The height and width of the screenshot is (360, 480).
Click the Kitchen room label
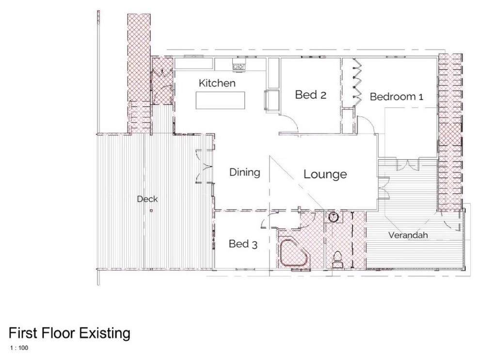click(x=217, y=83)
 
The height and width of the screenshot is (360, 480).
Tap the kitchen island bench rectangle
click(x=221, y=100)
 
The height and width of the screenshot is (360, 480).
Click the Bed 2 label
click(x=310, y=95)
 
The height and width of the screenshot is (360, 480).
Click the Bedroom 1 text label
click(x=396, y=97)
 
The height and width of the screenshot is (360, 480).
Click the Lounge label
click(x=325, y=174)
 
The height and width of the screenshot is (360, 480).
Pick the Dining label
click(x=244, y=172)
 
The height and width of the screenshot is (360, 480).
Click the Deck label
click(x=147, y=199)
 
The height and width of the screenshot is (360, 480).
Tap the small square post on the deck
click(x=152, y=211)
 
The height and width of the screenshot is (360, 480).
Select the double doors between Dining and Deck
click(x=204, y=167)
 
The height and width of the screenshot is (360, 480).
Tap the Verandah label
click(x=408, y=236)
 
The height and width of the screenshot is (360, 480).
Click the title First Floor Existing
click(x=69, y=333)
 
